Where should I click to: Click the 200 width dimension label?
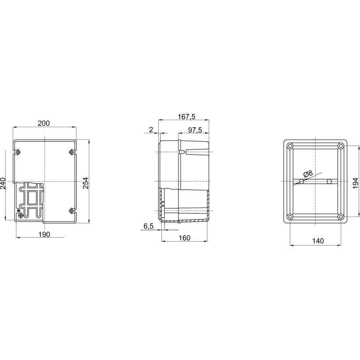(x=43, y=123)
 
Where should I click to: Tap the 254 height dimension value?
(x=86, y=183)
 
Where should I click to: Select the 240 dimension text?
(x=3, y=183)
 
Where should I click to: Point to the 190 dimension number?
(x=44, y=235)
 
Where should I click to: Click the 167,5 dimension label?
(x=186, y=117)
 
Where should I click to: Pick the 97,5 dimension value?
(x=195, y=130)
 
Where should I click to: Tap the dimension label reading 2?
(x=151, y=130)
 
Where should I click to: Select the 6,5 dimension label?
(x=148, y=226)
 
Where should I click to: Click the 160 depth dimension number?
(x=184, y=238)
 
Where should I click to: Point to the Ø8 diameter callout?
(x=308, y=174)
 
